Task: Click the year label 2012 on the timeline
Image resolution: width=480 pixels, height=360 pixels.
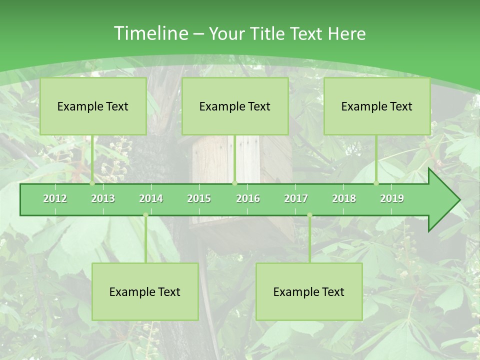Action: [x=55, y=198]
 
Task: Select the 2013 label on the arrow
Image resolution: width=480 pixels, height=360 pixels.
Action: [x=103, y=198]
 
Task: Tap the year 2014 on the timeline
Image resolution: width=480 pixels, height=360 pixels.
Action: [x=151, y=198]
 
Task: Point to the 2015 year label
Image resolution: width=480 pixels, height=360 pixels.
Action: [x=199, y=198]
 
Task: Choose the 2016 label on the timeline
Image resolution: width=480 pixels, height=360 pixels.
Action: [x=248, y=198]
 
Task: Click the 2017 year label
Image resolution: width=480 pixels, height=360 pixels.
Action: [x=296, y=198]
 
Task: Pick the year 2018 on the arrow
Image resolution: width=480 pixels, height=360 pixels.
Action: [x=344, y=198]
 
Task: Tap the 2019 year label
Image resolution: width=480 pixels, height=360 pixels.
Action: [x=392, y=198]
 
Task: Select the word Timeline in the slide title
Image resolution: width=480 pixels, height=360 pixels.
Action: [x=149, y=33]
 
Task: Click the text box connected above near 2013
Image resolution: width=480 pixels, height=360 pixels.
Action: [x=93, y=106]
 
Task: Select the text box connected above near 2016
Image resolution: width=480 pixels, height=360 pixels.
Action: [x=235, y=106]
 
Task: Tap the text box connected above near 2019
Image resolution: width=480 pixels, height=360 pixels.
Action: [x=377, y=106]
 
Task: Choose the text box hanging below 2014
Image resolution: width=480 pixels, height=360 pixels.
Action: [x=145, y=291]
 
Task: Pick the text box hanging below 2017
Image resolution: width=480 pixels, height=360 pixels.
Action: [x=309, y=291]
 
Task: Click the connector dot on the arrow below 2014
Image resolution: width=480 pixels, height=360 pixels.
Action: [x=145, y=215]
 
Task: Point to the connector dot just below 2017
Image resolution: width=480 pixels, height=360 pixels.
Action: [x=309, y=215]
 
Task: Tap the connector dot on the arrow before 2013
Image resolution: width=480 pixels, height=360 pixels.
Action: [x=92, y=183]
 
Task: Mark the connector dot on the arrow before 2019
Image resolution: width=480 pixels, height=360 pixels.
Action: [x=376, y=183]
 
